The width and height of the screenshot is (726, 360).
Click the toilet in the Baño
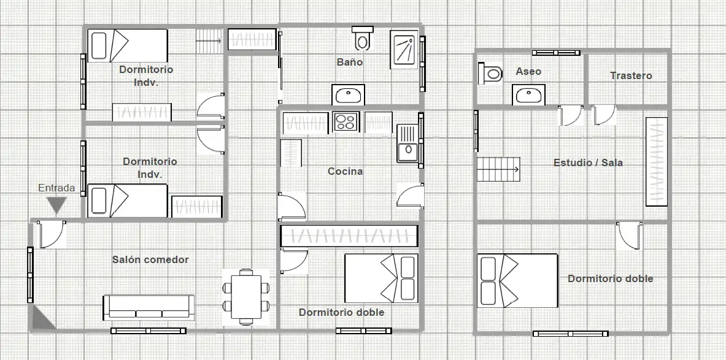[363, 38]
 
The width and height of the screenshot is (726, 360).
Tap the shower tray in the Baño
[404, 50]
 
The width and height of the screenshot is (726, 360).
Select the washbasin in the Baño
[348, 95]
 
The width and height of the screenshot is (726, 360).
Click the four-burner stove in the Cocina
[346, 121]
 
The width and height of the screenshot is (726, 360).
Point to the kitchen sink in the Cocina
[407, 144]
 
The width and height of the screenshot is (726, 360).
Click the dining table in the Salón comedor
[246, 297]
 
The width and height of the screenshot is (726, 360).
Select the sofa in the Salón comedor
[149, 307]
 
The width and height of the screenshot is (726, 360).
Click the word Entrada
[56, 188]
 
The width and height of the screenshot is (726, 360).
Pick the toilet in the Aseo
[490, 73]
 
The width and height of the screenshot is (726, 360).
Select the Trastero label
[631, 75]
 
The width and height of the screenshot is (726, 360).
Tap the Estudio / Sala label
[588, 163]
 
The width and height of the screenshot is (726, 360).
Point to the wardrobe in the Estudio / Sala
[657, 161]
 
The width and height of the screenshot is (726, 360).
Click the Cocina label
[346, 171]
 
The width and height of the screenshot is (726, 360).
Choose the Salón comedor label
[150, 259]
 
